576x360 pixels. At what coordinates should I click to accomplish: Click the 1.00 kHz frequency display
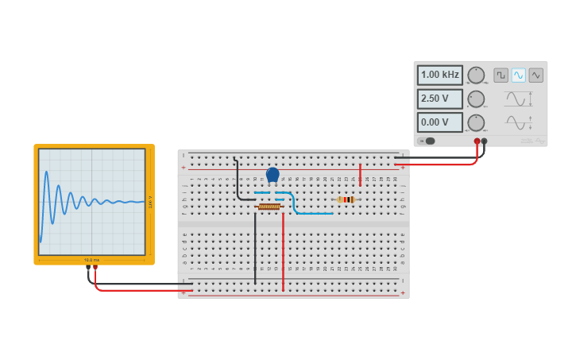439,75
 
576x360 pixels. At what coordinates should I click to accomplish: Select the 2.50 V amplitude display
439,99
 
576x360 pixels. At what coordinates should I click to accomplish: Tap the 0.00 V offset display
439,123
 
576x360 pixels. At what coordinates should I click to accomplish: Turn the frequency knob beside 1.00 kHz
476,75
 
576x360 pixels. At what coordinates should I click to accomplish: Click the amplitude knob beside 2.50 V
476,99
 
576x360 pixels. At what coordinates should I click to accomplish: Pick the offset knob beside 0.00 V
476,123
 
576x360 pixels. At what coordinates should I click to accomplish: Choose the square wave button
501,75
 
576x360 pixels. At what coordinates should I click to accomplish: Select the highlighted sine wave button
518,75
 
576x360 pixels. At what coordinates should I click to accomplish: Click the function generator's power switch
427,141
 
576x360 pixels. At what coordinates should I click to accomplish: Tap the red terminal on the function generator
477,141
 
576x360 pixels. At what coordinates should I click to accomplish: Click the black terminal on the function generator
484,141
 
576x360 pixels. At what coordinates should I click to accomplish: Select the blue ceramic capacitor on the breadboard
273,175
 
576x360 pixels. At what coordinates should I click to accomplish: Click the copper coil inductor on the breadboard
269,207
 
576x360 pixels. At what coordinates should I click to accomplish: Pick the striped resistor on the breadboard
345,199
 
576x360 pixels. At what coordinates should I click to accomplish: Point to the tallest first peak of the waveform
46,172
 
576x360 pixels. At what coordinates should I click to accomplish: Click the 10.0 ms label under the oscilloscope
91,260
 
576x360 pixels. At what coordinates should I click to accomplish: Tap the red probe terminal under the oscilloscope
95,268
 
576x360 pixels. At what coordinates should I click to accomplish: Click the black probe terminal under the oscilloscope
88,268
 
